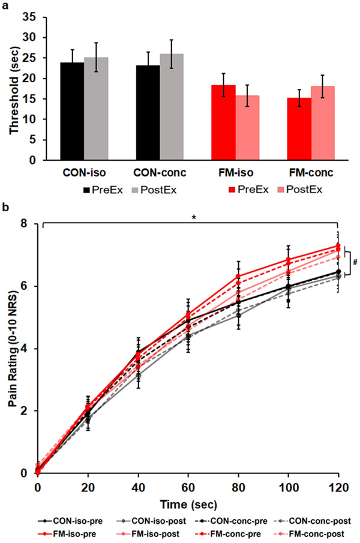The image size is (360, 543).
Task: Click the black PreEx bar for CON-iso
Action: tap(72, 112)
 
